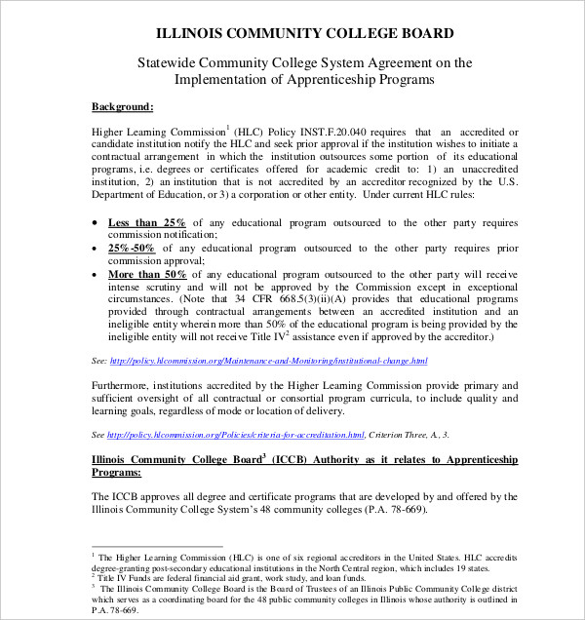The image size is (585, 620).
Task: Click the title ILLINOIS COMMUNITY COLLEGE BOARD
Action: (292, 33)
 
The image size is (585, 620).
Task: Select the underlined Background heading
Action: (122, 105)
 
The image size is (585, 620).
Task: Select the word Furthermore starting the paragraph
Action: (124, 385)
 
